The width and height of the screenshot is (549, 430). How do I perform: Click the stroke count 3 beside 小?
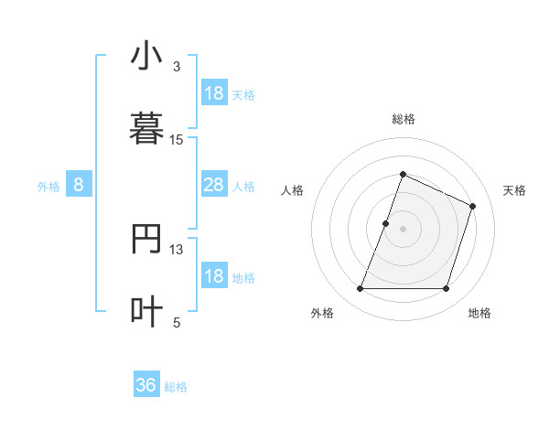[177, 67]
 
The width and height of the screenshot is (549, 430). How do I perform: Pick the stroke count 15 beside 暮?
[177, 139]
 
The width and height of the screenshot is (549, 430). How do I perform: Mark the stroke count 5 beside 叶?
[177, 321]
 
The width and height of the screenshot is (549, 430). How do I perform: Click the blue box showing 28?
[213, 186]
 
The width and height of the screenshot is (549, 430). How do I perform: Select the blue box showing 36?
[146, 385]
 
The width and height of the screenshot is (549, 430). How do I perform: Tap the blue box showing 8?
[79, 186]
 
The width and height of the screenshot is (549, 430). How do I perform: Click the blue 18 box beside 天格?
[213, 93]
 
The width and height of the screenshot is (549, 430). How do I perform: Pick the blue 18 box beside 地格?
[213, 277]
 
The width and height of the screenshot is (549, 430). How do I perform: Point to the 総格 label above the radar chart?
[403, 120]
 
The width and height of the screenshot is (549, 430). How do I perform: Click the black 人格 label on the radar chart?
[293, 190]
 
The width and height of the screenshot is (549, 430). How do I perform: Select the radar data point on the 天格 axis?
[473, 206]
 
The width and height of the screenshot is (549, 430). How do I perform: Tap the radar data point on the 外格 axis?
[360, 289]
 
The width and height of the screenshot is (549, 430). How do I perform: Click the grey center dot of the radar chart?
[403, 229]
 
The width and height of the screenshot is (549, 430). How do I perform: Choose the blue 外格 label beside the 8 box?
[48, 187]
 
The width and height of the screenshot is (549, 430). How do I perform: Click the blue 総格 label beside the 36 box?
[176, 387]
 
